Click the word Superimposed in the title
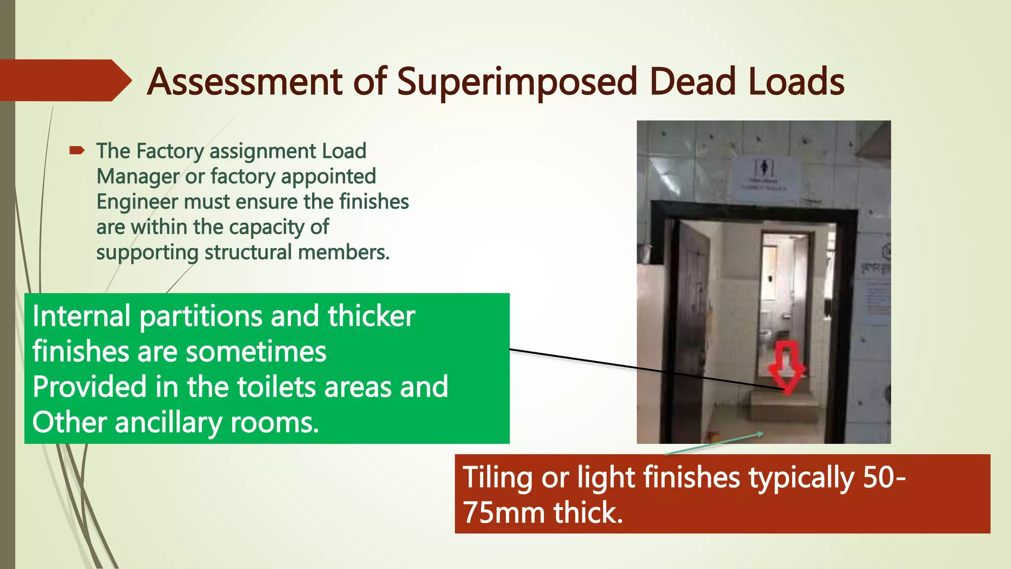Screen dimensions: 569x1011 tap(517, 82)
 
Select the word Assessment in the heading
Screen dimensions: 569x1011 tap(245, 81)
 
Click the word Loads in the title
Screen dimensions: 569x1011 tap(796, 81)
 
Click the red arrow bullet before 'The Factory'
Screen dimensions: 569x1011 tap(78, 151)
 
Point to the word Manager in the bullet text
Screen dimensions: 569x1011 tap(138, 176)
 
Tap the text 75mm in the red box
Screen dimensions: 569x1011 tap(505, 513)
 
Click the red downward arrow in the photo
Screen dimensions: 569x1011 tap(787, 368)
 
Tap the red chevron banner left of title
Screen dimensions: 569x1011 tap(64, 81)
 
